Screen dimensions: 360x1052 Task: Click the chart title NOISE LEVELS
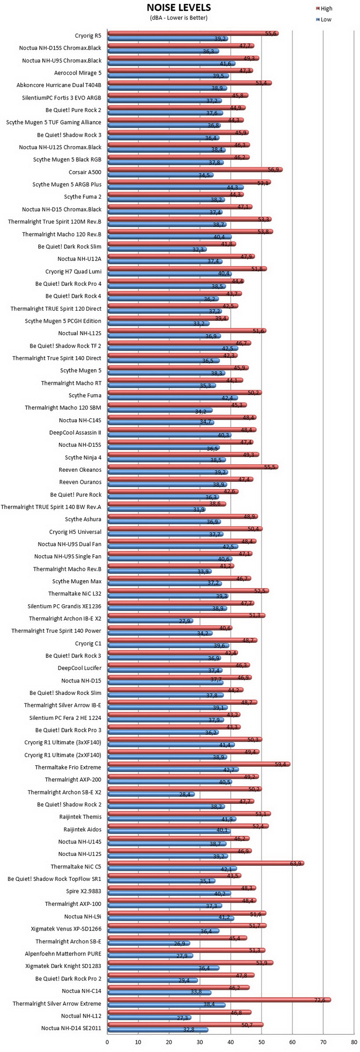[x=178, y=8]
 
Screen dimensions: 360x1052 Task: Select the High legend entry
[x=323, y=9]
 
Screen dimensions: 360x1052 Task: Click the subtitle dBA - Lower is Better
[x=178, y=18]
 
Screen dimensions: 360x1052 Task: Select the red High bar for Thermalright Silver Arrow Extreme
[x=219, y=999]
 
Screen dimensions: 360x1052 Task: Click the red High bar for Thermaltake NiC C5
[x=206, y=863]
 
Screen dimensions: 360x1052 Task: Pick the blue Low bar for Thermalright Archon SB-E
[x=149, y=943]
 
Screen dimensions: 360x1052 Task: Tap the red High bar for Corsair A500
[x=195, y=170]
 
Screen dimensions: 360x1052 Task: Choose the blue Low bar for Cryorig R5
[x=168, y=39]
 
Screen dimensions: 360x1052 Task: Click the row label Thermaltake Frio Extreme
[x=68, y=767]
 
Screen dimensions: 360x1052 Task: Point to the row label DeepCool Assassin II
[x=75, y=432]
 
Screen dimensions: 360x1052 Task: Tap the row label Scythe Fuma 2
[x=83, y=197]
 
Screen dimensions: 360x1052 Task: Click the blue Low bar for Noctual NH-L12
[x=149, y=1017]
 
